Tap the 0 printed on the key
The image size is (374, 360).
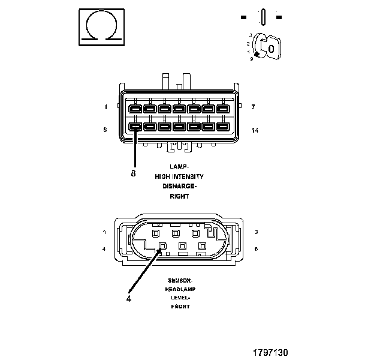[272, 48]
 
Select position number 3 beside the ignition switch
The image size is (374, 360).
[249, 35]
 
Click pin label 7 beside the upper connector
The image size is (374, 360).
[254, 107]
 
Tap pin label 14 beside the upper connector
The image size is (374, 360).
[255, 129]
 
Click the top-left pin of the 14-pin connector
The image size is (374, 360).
[135, 109]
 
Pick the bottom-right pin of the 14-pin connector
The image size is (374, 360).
[222, 127]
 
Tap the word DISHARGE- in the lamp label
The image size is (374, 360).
[179, 186]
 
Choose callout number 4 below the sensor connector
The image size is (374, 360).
[128, 296]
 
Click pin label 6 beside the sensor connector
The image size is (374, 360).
[257, 248]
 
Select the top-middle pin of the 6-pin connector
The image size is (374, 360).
[176, 232]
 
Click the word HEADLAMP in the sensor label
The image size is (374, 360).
[180, 289]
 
